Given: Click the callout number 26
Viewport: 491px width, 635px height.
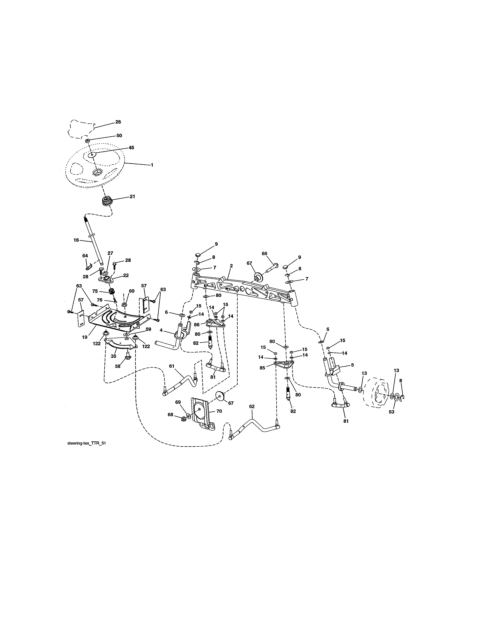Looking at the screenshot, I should coord(118,122).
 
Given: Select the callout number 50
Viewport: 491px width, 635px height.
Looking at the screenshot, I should coord(119,135).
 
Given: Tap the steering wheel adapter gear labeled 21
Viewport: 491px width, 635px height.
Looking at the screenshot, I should coord(107,201).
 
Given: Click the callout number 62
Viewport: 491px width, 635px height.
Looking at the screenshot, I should coord(252,406).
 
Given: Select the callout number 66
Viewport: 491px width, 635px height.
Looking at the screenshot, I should coord(264,254).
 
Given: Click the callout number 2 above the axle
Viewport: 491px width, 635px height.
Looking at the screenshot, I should coord(231,266).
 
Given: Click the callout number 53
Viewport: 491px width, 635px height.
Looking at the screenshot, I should coord(391,412).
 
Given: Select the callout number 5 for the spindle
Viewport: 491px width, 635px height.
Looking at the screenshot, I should coord(352,365).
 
